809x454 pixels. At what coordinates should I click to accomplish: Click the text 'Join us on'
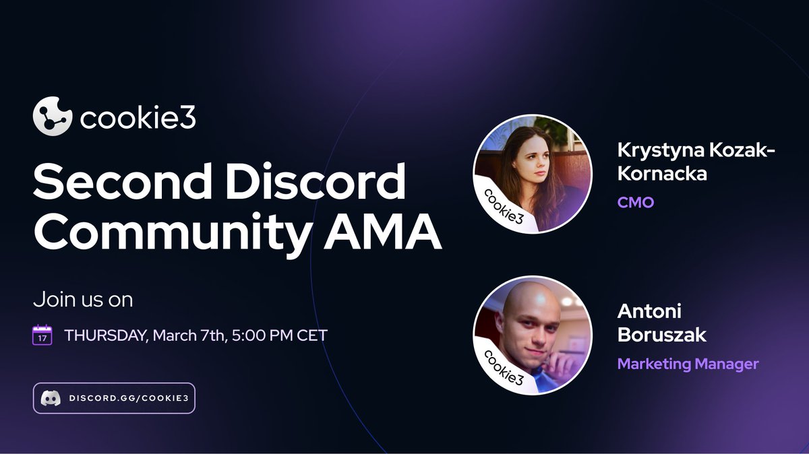tap(82, 299)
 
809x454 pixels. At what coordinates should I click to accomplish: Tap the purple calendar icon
tap(42, 335)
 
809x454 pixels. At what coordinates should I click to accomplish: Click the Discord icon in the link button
tap(49, 398)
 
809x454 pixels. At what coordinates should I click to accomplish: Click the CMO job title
tap(636, 202)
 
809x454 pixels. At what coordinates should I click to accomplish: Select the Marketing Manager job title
tap(688, 364)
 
